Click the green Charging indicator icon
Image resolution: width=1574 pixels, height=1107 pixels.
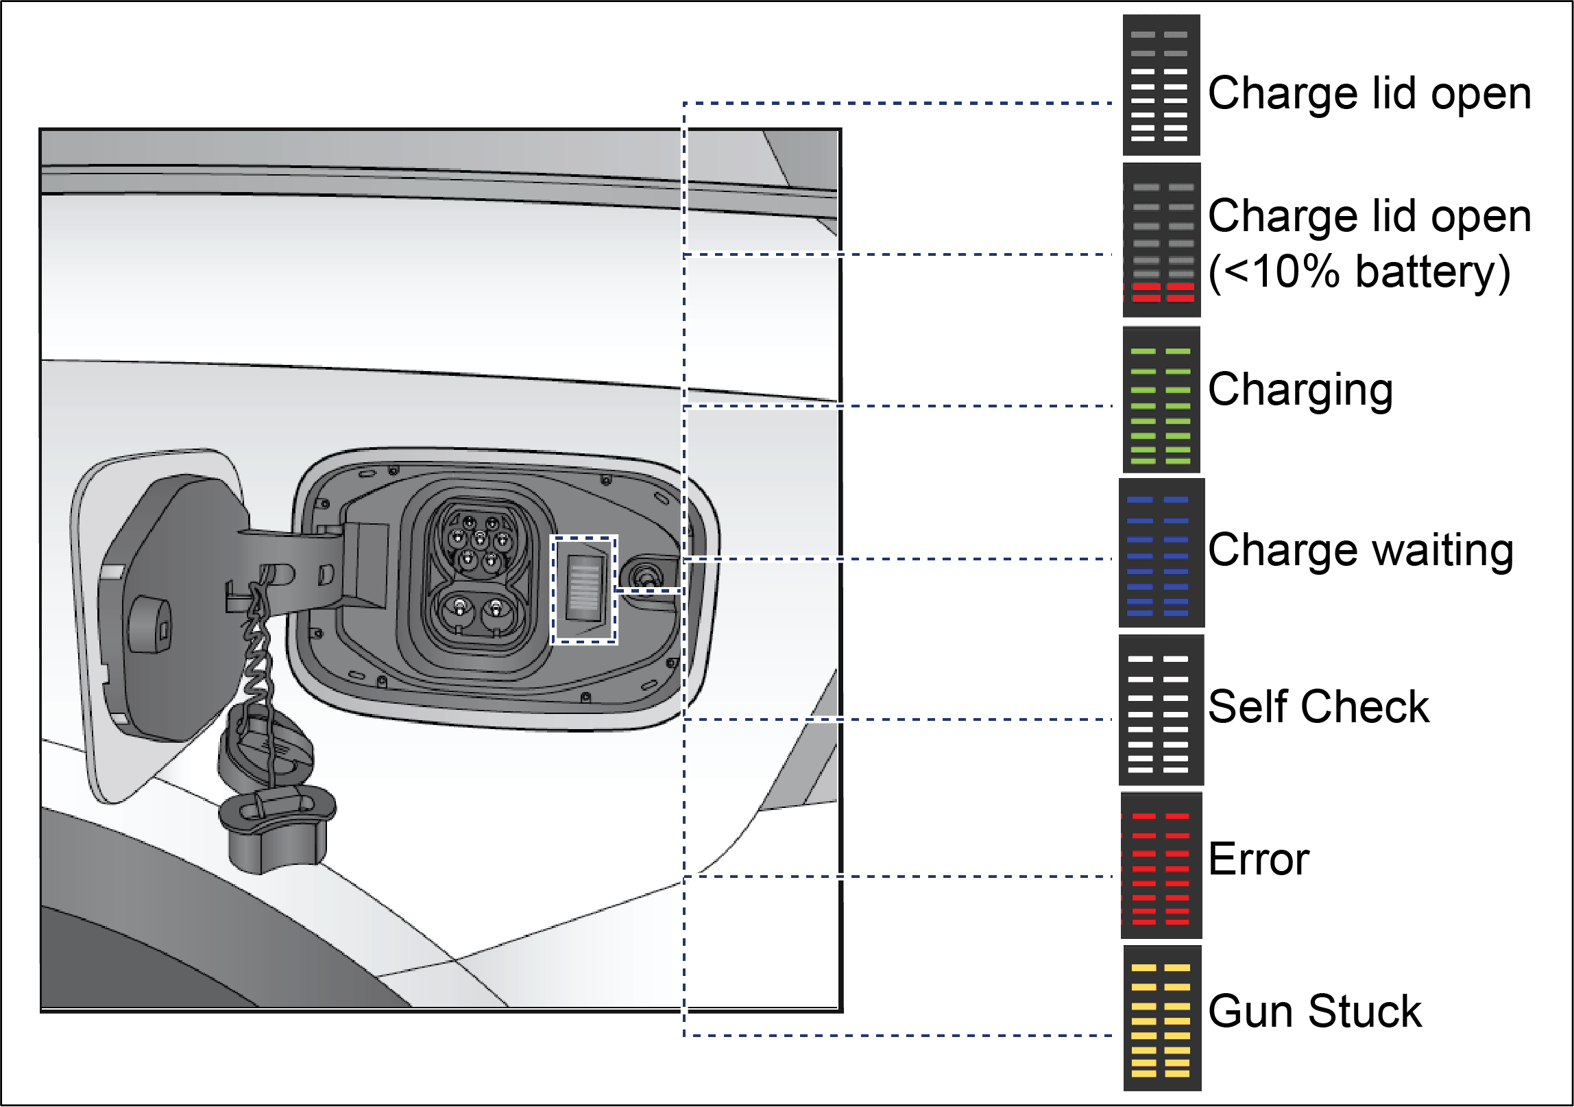coord(1161,400)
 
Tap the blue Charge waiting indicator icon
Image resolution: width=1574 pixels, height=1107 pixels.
coord(1161,553)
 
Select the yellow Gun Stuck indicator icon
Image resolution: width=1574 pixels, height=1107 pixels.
coord(1162,1018)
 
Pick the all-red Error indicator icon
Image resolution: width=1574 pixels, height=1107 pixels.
coord(1161,866)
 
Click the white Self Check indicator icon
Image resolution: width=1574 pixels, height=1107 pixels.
coord(1161,710)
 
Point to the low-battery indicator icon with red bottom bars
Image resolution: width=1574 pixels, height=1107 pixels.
coord(1161,240)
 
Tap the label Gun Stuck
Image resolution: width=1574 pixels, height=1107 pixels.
coord(1315,1011)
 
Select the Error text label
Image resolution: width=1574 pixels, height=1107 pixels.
coord(1259,859)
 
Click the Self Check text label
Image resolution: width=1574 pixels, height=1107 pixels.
coord(1319,706)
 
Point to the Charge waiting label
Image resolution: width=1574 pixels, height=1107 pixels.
coord(1361,551)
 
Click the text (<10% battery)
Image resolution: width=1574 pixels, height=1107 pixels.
coord(1360,273)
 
